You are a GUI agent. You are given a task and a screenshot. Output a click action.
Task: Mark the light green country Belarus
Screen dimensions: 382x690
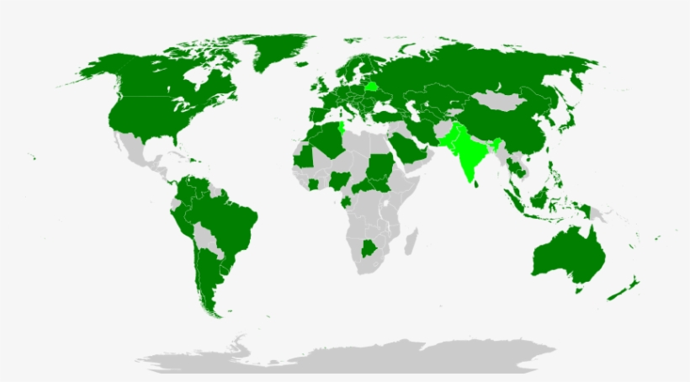pos(371,86)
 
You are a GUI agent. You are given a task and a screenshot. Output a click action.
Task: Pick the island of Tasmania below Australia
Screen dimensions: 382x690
pos(578,289)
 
